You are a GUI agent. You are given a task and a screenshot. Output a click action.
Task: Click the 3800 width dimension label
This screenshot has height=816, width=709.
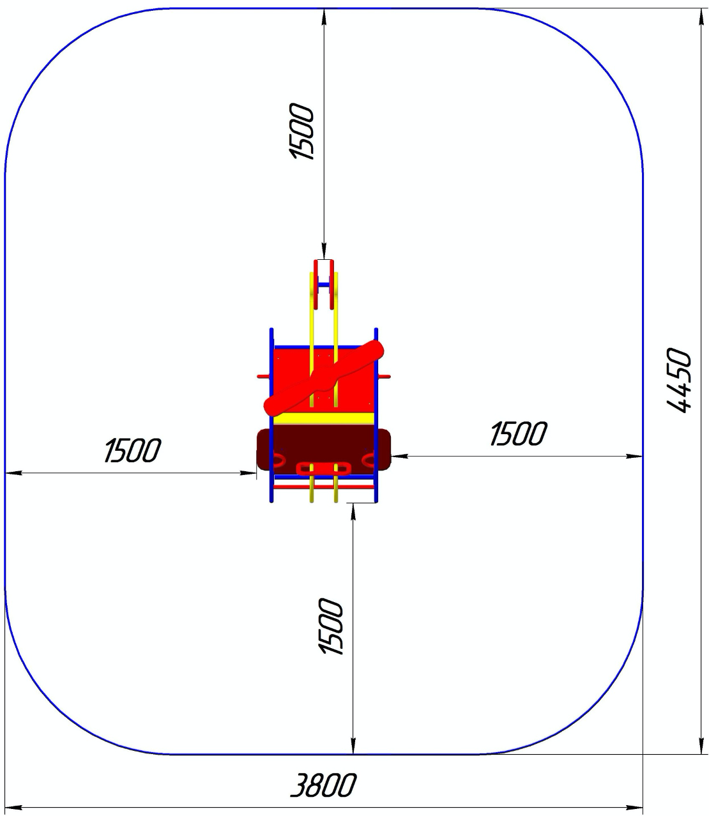click(x=323, y=785)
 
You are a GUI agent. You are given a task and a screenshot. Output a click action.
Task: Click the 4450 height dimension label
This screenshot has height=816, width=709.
click(x=679, y=381)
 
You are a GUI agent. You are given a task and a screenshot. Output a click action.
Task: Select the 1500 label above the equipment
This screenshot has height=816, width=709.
click(x=301, y=132)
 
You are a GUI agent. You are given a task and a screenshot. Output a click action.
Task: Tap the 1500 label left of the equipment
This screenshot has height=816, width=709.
click(x=132, y=450)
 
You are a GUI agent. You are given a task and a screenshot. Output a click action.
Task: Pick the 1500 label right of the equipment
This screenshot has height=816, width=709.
click(x=518, y=433)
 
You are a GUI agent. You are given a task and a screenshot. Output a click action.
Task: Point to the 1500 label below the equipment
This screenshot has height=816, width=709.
click(x=330, y=626)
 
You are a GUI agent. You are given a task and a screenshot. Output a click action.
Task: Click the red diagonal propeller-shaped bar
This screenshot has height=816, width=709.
click(x=324, y=377)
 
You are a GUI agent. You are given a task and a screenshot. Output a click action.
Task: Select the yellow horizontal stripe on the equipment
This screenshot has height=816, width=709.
click(x=324, y=418)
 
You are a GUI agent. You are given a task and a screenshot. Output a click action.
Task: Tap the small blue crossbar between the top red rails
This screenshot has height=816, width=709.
click(x=324, y=285)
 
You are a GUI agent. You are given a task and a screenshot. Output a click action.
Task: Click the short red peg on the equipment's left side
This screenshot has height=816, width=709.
click(x=263, y=376)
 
